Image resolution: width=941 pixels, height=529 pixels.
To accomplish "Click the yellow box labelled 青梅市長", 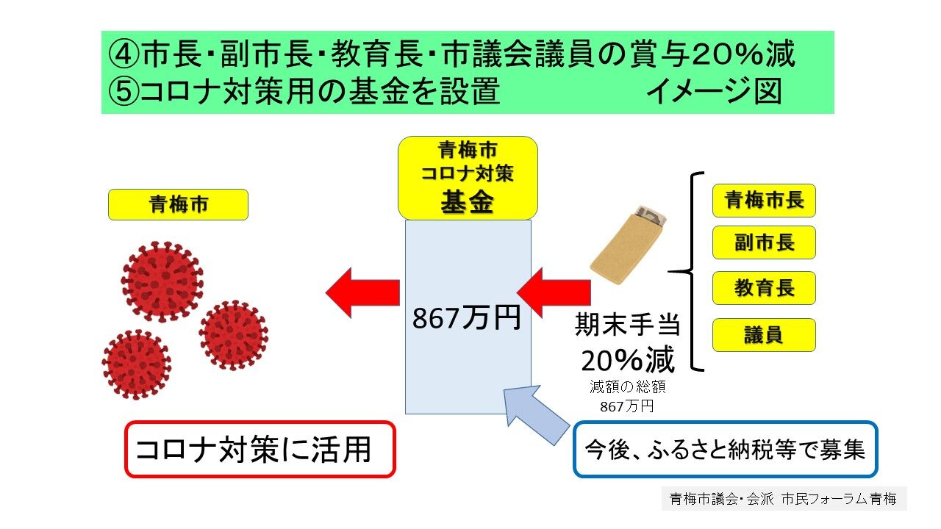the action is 764,201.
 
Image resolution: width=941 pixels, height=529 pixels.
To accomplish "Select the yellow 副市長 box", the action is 764,242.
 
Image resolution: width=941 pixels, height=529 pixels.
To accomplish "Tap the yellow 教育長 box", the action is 764,288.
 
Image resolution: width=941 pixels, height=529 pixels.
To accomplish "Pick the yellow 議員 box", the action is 764,335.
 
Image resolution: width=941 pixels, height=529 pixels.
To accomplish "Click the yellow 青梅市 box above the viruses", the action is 178,204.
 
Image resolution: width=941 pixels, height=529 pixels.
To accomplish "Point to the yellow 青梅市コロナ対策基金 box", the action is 468,178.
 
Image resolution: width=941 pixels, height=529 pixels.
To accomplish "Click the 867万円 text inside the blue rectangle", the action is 466,318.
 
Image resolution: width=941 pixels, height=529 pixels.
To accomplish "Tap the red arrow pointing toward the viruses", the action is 362,292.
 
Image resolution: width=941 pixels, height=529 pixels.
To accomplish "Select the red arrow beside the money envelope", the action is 554,292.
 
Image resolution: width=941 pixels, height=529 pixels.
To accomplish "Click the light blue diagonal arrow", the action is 536,415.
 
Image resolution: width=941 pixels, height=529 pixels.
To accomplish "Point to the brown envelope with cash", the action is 628,245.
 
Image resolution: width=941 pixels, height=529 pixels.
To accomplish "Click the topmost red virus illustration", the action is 162,281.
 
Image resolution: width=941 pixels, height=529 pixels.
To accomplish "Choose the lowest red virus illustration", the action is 137,364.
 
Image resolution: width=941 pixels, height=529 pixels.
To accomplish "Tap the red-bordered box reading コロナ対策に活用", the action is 260,449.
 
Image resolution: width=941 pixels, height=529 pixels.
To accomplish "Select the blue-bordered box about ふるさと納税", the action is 726,449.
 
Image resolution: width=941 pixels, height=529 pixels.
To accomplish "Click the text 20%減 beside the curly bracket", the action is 628,360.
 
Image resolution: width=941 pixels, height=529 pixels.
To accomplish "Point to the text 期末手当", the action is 627,325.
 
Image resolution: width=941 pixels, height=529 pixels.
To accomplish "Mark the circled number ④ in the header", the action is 124,54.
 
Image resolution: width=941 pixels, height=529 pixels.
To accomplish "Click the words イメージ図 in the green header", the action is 714,91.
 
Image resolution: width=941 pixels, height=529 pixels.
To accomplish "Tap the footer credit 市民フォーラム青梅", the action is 839,499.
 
